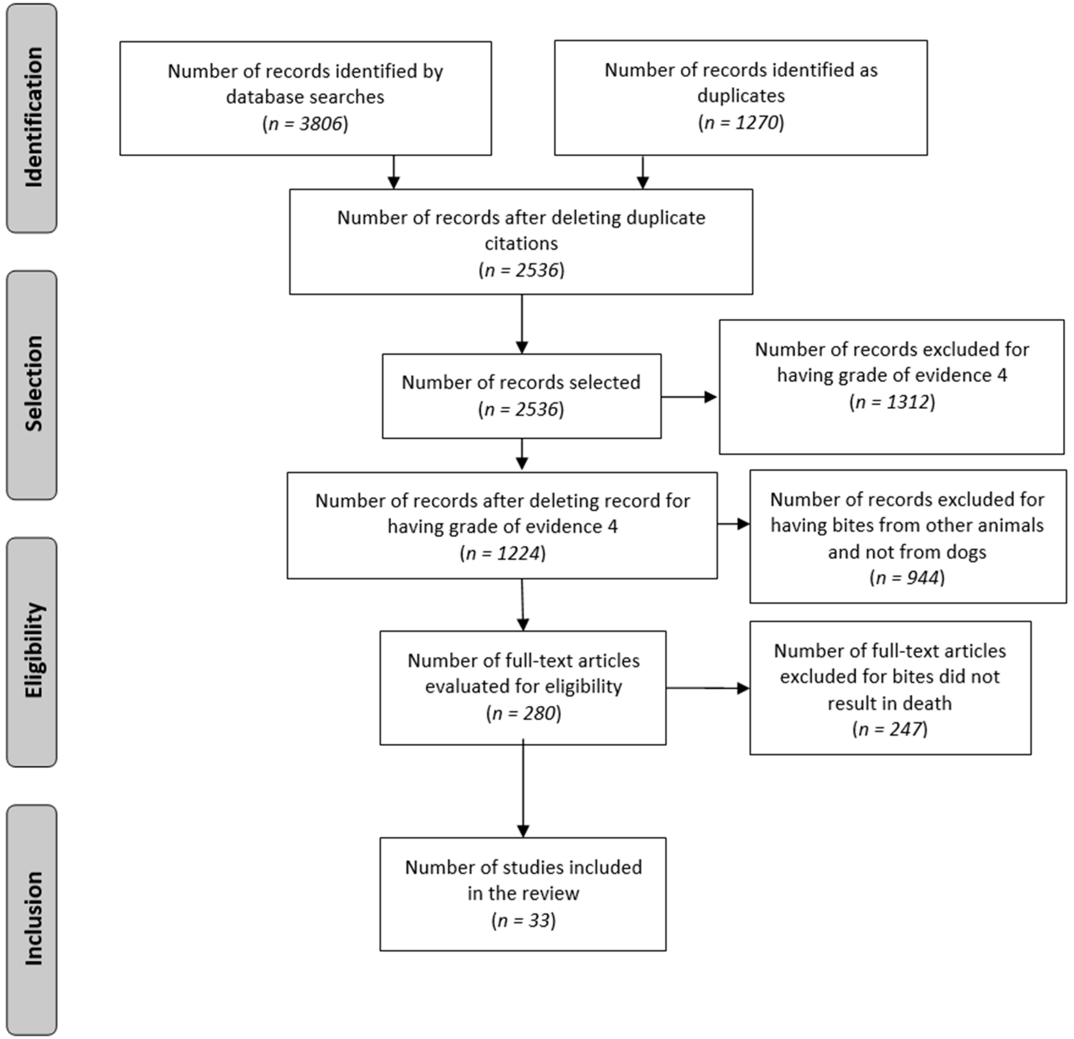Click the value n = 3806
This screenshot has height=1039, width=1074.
pyautogui.click(x=305, y=124)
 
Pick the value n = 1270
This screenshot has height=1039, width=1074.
pyautogui.click(x=741, y=122)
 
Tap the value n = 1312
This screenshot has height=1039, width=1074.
pyautogui.click(x=892, y=402)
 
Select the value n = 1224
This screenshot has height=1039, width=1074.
pyautogui.click(x=502, y=553)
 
